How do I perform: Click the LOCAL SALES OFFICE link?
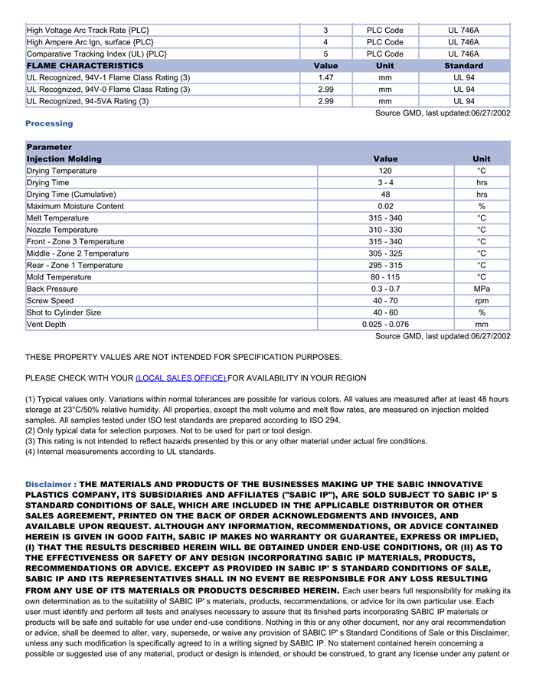click(181, 378)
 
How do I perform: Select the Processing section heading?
click(49, 123)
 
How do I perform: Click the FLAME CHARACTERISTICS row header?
click(85, 66)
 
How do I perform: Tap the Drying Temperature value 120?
click(385, 171)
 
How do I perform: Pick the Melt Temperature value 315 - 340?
click(385, 218)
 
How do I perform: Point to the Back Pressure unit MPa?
click(482, 289)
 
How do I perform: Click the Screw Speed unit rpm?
click(482, 301)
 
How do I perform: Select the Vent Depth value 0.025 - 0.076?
click(385, 325)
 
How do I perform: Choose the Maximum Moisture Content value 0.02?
click(385, 206)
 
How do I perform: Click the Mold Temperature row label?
click(59, 277)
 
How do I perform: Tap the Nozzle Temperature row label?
click(62, 230)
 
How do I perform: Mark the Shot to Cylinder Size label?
click(64, 312)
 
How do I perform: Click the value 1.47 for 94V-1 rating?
click(325, 77)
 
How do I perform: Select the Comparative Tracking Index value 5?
click(325, 54)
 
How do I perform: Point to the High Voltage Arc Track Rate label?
click(88, 31)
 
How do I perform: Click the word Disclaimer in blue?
click(48, 485)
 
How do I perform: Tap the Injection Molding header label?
click(64, 159)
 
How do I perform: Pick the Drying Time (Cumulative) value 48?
click(385, 194)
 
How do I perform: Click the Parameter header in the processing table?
click(49, 147)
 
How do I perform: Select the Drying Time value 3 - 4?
click(385, 183)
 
